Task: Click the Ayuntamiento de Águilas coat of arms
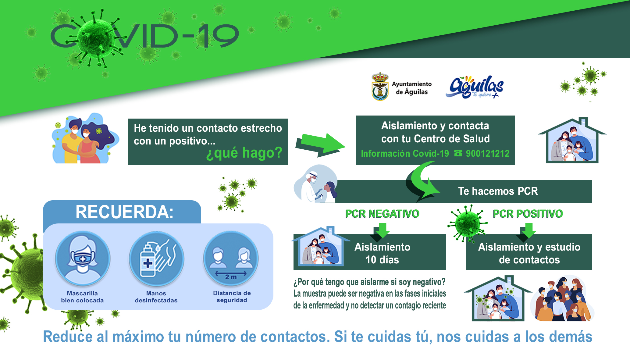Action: (380, 87)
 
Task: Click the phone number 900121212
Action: (487, 153)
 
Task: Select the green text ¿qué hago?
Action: (244, 153)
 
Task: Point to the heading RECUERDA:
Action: (124, 212)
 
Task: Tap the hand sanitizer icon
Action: (156, 258)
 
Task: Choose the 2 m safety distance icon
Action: (231, 258)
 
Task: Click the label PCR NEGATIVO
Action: (382, 214)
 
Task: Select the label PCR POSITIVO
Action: (528, 214)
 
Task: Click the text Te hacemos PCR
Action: (498, 191)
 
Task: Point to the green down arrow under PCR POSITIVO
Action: (528, 231)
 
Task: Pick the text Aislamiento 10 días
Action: (382, 253)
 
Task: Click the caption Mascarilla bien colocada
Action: (82, 297)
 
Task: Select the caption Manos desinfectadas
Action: (156, 297)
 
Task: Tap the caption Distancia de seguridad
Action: (232, 297)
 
